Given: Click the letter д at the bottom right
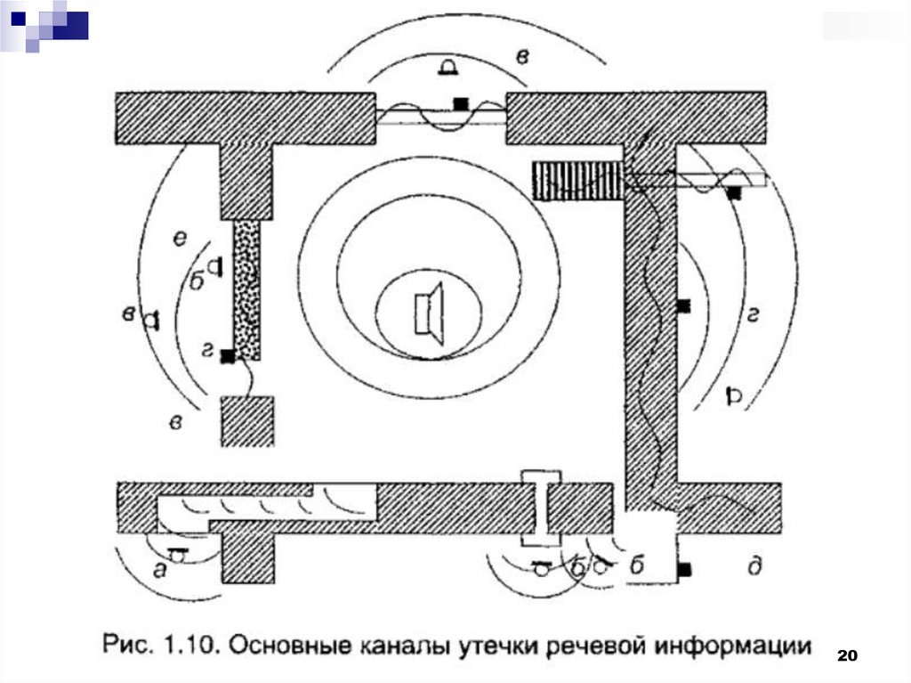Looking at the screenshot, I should coord(755,566).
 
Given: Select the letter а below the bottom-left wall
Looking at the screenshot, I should coord(160,572).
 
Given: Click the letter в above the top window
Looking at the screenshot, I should coord(524,57).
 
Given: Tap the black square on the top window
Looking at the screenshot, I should coord(461,103).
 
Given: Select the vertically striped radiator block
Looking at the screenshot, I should coord(576,181).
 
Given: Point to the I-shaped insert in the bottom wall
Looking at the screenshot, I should coord(542,507).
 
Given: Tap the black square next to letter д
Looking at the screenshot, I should coord(684,568).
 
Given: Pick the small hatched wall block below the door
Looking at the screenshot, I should coord(246,420).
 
